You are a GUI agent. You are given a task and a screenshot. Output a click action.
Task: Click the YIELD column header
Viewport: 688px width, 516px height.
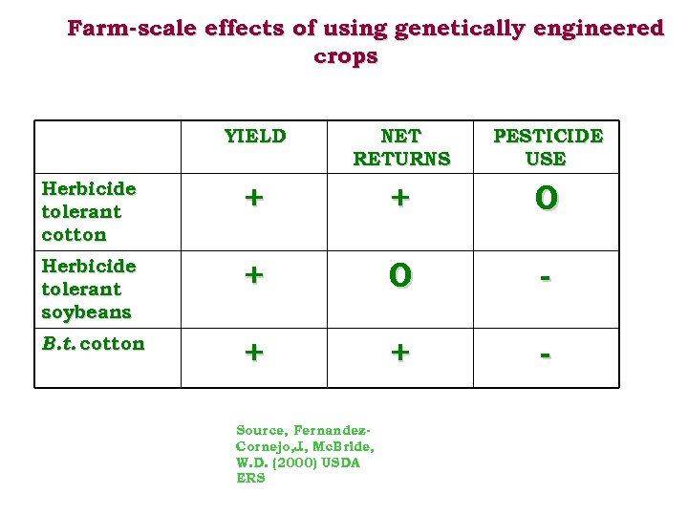click(x=254, y=136)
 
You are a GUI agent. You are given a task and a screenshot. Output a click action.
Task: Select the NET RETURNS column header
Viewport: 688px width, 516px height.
click(x=400, y=147)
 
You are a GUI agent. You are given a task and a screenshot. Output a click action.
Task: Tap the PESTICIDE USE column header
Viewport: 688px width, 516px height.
click(x=547, y=147)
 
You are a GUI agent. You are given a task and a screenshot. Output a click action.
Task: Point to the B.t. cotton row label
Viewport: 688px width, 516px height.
click(x=93, y=344)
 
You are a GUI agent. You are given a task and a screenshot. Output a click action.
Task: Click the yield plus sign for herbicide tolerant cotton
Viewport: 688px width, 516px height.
click(x=253, y=198)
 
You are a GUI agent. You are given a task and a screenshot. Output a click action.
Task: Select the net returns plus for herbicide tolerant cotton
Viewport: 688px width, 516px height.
click(x=400, y=198)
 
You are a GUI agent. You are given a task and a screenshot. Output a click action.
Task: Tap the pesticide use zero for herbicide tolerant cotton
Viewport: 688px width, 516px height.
click(x=546, y=198)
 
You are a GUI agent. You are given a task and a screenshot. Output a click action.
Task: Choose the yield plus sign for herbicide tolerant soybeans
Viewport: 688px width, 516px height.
click(x=253, y=275)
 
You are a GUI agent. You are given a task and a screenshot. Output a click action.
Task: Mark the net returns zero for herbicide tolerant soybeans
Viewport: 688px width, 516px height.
click(x=400, y=275)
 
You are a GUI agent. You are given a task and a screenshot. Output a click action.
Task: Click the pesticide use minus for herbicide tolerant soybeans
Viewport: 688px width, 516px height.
click(x=546, y=276)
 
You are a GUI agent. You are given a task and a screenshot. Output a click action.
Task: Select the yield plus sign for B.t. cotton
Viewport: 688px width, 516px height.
click(x=253, y=352)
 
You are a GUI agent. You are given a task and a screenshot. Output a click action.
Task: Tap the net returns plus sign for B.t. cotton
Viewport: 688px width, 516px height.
click(x=400, y=352)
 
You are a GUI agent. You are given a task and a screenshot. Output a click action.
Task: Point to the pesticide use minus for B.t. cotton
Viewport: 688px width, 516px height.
click(x=546, y=354)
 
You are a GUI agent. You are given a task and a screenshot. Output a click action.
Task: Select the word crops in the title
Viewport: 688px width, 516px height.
click(x=345, y=56)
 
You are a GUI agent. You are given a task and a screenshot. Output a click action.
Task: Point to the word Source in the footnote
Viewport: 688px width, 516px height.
click(x=261, y=430)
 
